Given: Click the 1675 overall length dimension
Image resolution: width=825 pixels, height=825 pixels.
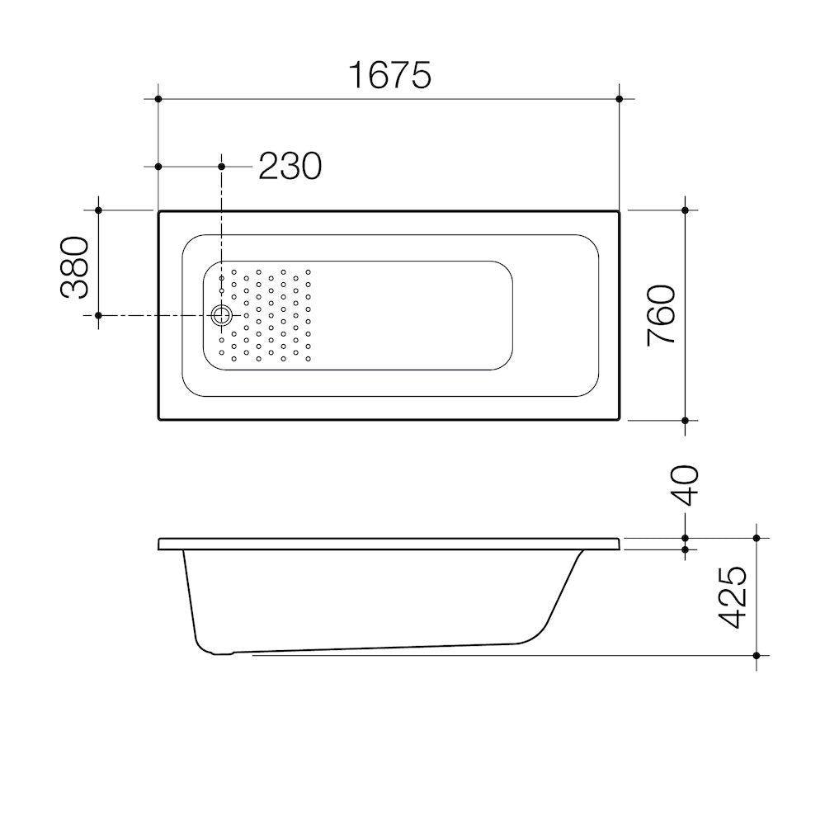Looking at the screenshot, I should point(389,75).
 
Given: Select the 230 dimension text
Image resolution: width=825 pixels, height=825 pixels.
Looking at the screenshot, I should point(290,167).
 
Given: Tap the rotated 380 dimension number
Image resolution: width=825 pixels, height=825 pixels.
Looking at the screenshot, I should point(75,267).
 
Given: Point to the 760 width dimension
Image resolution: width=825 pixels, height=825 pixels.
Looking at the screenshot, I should point(662,315).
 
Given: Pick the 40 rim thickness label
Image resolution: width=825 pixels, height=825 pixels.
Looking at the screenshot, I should point(685,485).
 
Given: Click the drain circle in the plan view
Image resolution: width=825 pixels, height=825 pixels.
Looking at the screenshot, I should point(221,315).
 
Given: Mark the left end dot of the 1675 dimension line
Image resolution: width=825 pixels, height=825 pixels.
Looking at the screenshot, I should point(158,99).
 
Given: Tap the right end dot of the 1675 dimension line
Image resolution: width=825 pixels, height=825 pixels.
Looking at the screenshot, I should point(619,99).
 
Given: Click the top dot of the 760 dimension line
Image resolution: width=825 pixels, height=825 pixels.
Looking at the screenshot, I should point(685,210).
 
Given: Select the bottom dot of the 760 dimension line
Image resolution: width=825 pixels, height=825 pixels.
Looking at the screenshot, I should point(685,420).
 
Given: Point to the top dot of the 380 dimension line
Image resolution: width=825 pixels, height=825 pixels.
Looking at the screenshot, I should point(98,210).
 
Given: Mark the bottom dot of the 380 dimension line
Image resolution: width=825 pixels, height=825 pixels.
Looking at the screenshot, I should point(98,315).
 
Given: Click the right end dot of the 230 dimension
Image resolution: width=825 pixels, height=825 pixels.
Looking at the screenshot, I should point(221,167).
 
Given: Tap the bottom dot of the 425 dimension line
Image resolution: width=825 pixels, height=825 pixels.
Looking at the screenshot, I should point(756,655).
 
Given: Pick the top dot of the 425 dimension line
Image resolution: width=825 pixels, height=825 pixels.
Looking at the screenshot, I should point(756,538).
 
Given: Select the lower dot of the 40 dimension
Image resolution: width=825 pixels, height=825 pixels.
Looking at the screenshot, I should point(685,549).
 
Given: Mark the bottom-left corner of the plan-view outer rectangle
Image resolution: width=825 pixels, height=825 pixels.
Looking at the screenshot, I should point(158,419).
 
